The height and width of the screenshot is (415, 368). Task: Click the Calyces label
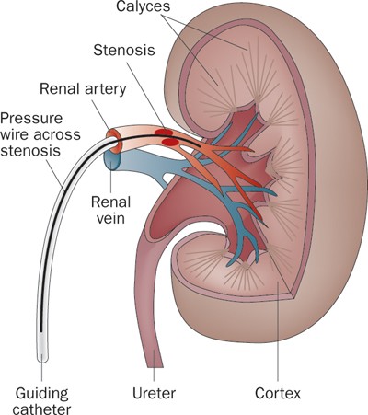[x=143, y=6]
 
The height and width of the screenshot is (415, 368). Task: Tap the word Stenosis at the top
[x=124, y=51]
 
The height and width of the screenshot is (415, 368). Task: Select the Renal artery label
[x=83, y=89]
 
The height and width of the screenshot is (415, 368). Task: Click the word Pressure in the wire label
[x=31, y=119]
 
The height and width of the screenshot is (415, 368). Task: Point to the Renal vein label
[x=110, y=211]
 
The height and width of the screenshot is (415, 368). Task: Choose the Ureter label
[x=155, y=393]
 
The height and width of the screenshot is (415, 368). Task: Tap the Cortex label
[x=278, y=393]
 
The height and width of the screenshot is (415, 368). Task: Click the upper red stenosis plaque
[x=164, y=133]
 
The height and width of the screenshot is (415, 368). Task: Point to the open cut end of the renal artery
[x=113, y=141]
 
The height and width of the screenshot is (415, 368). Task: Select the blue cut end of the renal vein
[x=112, y=160]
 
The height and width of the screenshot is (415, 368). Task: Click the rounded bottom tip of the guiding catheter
[x=42, y=360]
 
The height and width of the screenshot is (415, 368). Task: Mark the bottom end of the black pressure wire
[x=42, y=330]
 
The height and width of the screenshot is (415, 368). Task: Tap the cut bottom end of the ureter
[x=155, y=365]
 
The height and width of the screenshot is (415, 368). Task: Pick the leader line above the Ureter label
[x=154, y=365]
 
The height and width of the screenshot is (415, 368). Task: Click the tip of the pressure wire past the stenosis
[x=200, y=145]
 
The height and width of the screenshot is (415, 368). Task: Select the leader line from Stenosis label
[x=146, y=95]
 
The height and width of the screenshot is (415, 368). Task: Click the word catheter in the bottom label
[x=41, y=409]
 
